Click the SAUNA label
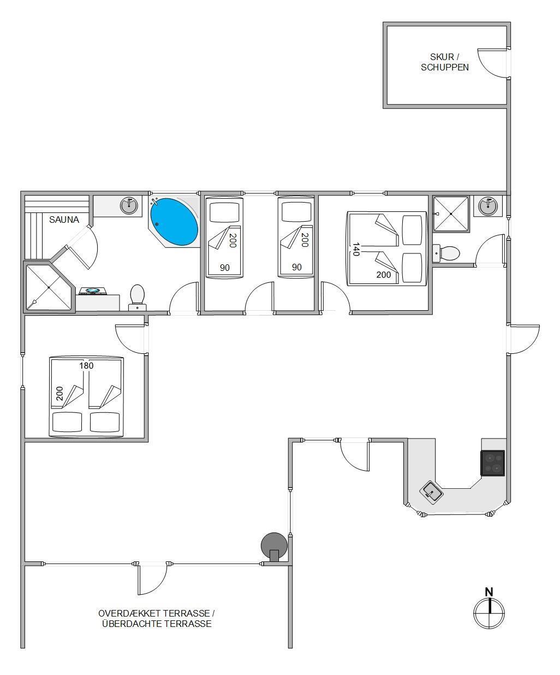point(64,220)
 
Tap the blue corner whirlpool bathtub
point(174,222)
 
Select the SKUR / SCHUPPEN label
point(445,62)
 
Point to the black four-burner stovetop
point(492,463)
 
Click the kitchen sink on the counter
point(431,493)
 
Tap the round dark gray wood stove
point(274,546)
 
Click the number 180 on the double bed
point(86,366)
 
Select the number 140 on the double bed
point(356,249)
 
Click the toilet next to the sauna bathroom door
point(138,298)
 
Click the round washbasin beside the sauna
point(129,205)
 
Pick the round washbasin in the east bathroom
point(488,205)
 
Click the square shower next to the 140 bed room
point(450,214)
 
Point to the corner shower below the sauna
point(49,287)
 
